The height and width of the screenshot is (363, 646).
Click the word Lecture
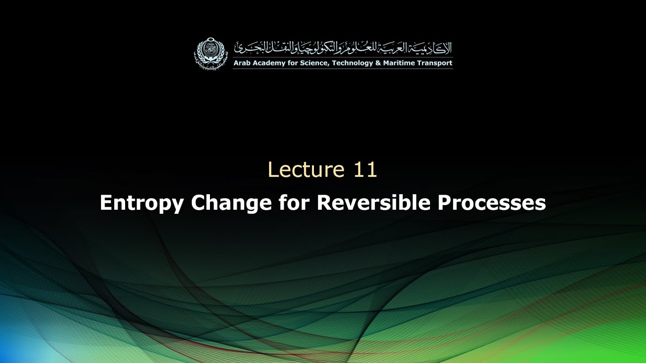[300, 170]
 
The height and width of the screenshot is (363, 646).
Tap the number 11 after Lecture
[365, 170]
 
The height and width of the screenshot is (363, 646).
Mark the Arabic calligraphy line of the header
[343, 49]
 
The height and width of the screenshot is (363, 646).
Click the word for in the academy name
[295, 64]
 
